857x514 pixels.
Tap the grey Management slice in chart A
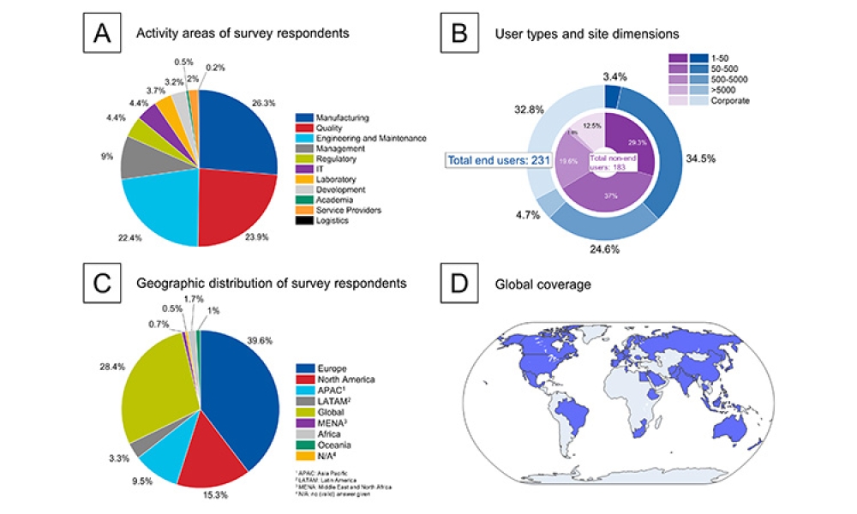[137, 156]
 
